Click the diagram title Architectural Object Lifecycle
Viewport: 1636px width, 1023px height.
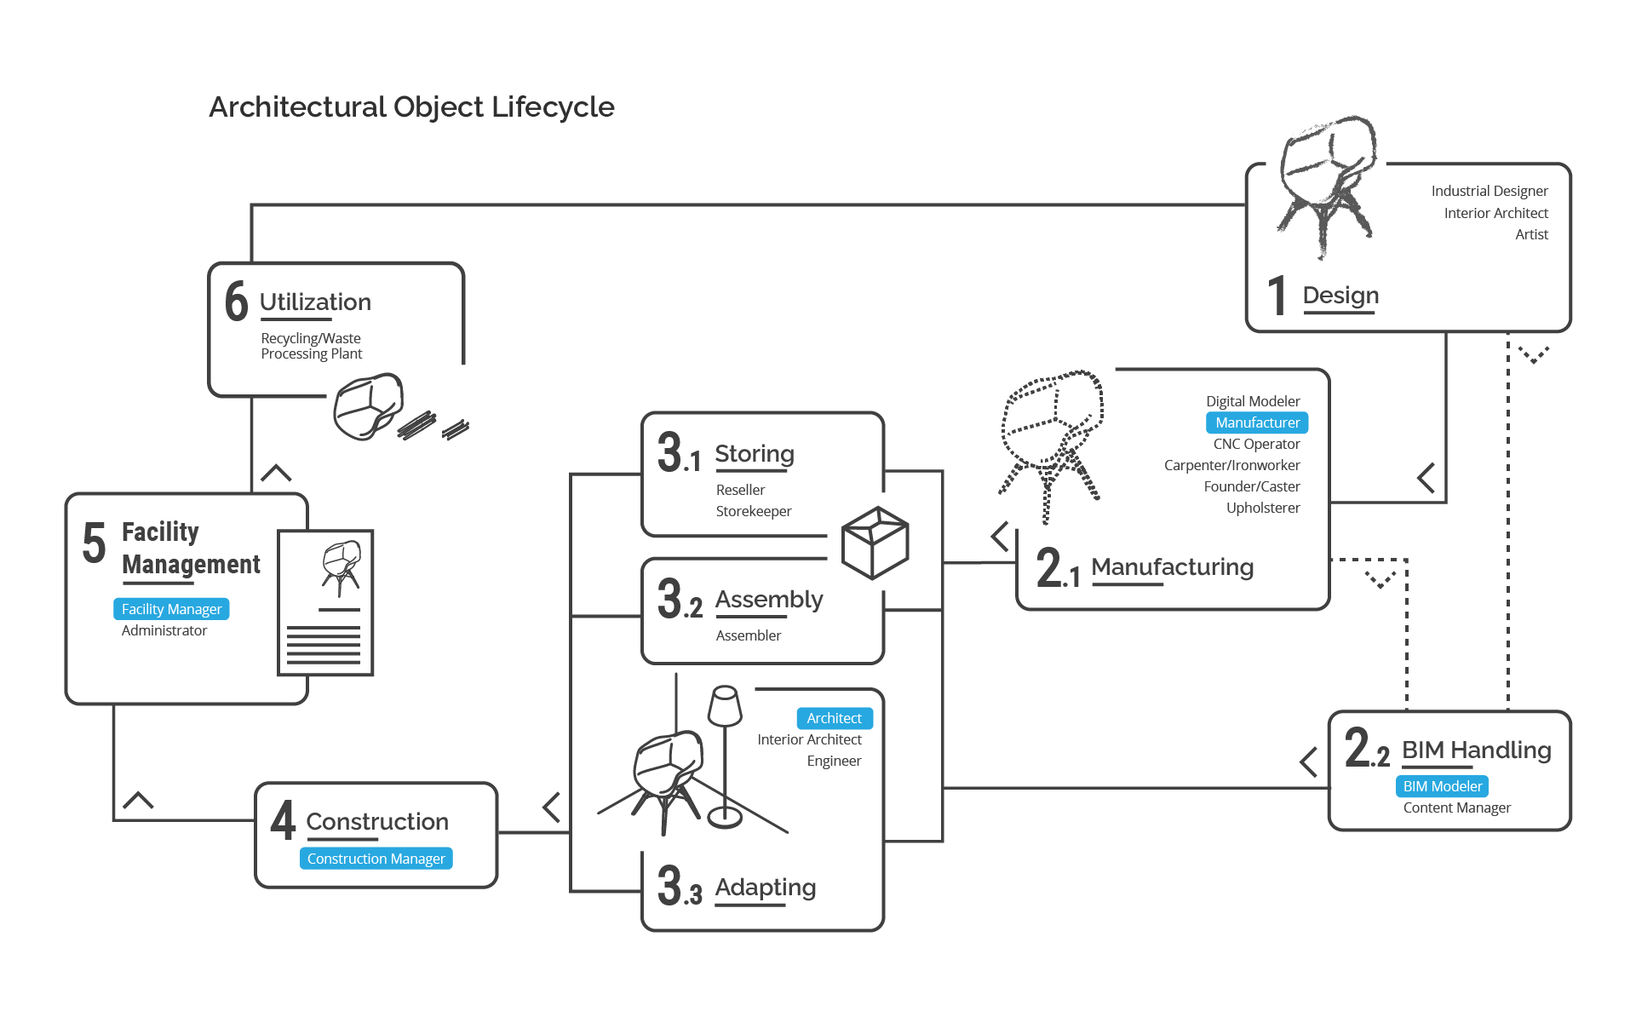411,107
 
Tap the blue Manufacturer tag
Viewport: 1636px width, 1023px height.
1257,422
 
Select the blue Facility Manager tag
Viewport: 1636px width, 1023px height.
171,609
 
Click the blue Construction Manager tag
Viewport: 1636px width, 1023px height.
376,859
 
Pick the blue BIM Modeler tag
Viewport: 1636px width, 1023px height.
1442,786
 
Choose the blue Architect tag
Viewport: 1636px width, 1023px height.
834,718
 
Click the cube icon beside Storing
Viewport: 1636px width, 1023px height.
875,543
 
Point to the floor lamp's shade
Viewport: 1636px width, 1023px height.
725,705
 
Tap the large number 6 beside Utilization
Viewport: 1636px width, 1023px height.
236,302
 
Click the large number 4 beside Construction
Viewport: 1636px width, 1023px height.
283,820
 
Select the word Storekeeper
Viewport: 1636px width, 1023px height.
753,511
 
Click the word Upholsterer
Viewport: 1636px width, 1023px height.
1263,508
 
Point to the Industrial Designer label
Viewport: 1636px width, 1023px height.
1489,191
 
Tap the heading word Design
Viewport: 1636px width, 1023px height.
1340,296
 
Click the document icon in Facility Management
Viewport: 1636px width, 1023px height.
326,603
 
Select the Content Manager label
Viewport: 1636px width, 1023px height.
1456,807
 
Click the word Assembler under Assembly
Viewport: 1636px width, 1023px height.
748,635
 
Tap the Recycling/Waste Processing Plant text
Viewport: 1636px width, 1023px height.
311,346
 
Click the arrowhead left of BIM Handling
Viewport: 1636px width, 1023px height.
1309,762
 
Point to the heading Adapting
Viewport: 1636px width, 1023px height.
765,888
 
